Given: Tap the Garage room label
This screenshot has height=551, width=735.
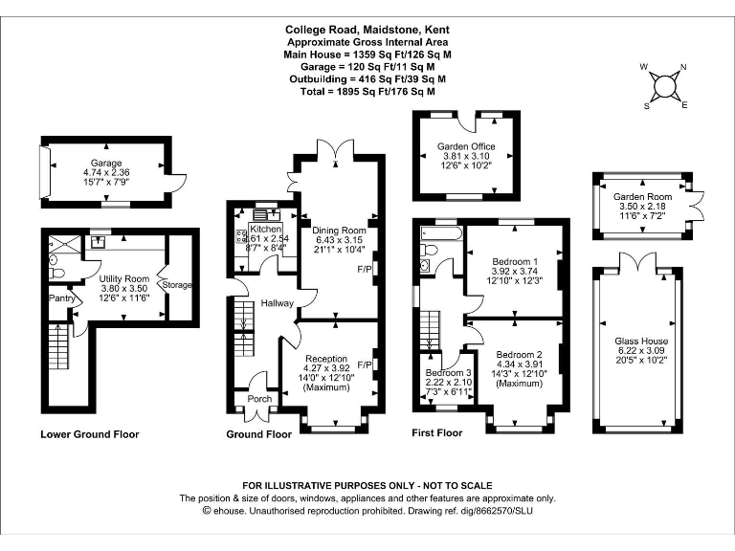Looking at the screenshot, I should coord(106,164).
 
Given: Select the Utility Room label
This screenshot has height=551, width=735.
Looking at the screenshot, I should coord(125,278).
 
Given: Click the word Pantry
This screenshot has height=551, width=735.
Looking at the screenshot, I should coord(62,298).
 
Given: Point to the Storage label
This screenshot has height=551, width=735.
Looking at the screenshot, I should coord(177,284).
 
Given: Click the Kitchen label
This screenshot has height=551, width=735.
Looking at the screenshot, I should coord(266,230).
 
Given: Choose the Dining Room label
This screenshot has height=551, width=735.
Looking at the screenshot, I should coord(340,231).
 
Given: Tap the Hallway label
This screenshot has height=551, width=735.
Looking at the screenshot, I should coord(277,303).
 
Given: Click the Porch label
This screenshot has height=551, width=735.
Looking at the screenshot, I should coord(259,398).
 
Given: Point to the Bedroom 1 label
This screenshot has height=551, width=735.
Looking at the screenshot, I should coord(515,261).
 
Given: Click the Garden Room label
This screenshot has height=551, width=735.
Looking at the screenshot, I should coord(639,196).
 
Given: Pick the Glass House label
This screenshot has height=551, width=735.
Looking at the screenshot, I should coord(641,341).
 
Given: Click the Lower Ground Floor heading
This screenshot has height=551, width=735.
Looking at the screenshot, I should coord(90,434).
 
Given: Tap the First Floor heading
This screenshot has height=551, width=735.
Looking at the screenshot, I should coord(436,433).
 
